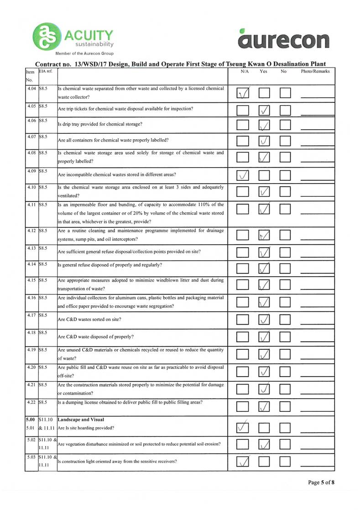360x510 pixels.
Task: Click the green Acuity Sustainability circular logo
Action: (45, 37)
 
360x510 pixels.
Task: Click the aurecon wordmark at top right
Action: (283, 39)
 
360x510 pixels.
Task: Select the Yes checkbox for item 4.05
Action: (265, 110)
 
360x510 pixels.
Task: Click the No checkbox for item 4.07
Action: (286, 140)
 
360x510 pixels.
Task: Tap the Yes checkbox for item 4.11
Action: (265, 209)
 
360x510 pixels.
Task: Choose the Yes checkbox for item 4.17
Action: (265, 320)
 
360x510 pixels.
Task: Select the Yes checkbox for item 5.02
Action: (265, 444)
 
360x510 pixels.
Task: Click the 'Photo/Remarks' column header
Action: (315, 72)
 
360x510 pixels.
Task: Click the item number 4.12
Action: (31, 231)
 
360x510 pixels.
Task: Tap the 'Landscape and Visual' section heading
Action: (81, 419)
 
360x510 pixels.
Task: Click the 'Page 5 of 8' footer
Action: (322, 482)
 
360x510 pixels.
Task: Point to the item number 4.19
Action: (31, 350)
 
